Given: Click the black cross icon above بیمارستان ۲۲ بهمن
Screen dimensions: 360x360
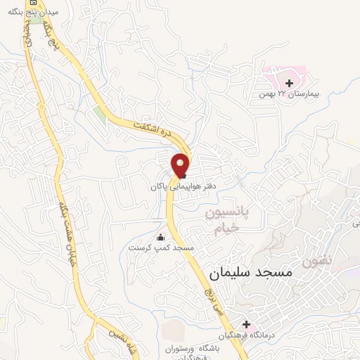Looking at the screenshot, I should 290,84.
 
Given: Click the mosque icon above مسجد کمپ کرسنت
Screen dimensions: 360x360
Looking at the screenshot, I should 162,237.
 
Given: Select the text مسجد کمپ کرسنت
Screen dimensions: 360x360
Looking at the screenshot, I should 161,247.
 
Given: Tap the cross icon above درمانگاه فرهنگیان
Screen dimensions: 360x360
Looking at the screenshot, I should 246,324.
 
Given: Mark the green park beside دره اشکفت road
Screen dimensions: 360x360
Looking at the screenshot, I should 100,115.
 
